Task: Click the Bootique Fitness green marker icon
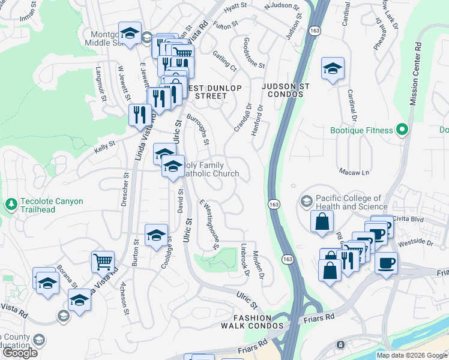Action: click(x=403, y=130)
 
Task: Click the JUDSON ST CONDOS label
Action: click(x=286, y=91)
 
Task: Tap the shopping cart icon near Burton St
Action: click(x=103, y=262)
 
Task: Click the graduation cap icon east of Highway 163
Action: click(x=332, y=68)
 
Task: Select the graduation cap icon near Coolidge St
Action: click(x=156, y=235)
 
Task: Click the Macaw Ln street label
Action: click(x=352, y=172)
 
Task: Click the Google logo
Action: click(x=20, y=353)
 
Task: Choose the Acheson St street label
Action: click(x=124, y=298)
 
